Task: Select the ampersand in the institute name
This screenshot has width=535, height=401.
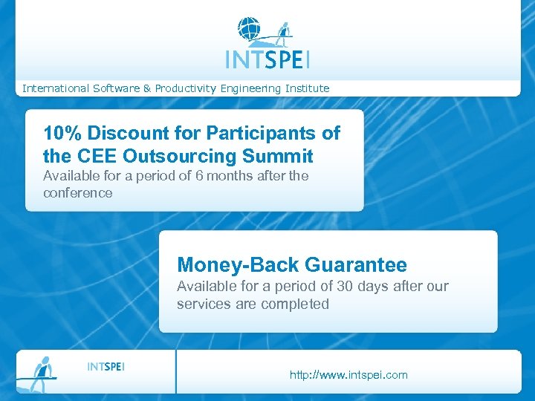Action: click(x=147, y=88)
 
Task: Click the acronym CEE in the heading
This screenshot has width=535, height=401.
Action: click(x=95, y=157)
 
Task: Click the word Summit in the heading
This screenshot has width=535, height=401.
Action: click(x=279, y=157)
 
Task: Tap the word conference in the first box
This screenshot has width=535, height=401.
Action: click(x=78, y=193)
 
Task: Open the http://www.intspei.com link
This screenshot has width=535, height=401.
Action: click(x=348, y=375)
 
